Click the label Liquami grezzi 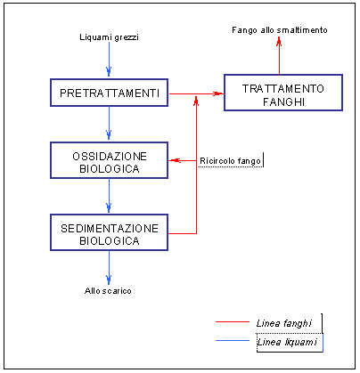109,37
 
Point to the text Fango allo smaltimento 280,30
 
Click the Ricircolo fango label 230,161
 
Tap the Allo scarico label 108,290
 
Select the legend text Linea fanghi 284,323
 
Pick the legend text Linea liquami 287,342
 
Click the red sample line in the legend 233,322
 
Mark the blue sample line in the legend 233,340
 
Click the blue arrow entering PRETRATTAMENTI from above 109,59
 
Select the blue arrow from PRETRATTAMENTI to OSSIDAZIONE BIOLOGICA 109,123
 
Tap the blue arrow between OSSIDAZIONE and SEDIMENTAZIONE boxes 109,195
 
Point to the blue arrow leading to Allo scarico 109,268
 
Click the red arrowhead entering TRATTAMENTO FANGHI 218,93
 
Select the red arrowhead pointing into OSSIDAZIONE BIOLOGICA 175,160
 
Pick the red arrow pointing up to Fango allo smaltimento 279,55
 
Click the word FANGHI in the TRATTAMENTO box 284,101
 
